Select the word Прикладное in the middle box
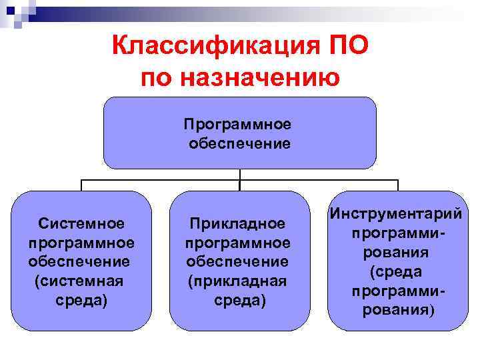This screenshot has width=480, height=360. point(238,223)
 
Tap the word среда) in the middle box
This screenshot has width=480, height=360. point(239,301)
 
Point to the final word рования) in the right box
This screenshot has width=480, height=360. point(397,311)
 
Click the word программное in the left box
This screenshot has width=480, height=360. point(81,241)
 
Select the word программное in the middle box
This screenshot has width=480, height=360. point(238,243)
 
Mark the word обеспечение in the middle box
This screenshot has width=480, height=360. point(238,261)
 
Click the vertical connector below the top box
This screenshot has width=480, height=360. point(239,174)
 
